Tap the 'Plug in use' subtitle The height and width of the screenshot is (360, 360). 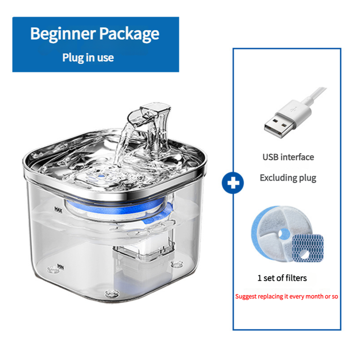(x=88, y=58)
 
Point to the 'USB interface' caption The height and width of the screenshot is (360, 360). (x=288, y=157)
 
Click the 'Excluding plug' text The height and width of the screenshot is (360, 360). (x=288, y=178)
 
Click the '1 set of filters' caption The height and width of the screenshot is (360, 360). (x=282, y=278)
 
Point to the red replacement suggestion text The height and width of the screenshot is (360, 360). (x=287, y=297)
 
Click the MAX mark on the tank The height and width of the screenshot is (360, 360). (x=58, y=209)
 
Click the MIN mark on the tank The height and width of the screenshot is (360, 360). (x=58, y=267)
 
